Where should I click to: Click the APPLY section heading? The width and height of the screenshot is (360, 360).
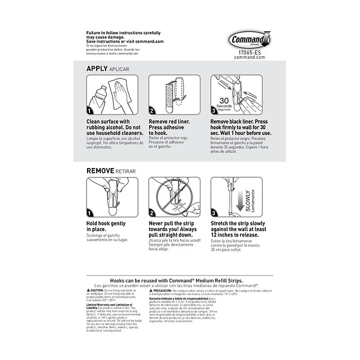click(97, 69)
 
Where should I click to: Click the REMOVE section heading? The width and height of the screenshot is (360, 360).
click(100, 171)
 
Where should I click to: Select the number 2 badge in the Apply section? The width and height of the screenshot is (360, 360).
click(152, 111)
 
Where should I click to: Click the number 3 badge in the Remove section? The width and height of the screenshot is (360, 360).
click(214, 213)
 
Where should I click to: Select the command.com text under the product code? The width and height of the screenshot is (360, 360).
click(245, 57)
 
